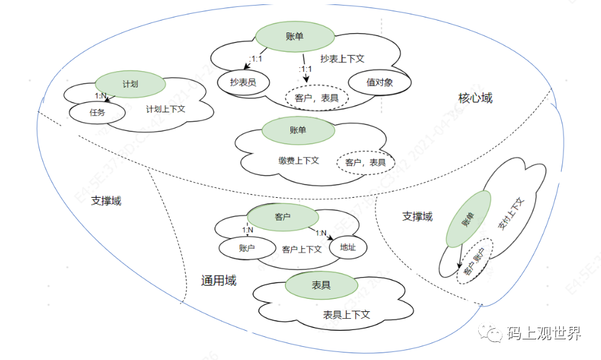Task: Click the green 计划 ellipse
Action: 130,84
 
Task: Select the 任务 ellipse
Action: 97,113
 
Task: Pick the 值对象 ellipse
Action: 380,82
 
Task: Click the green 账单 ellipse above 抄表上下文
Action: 292,37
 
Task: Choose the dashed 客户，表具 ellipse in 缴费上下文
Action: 365,162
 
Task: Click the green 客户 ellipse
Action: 283,217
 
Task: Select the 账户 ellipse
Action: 247,248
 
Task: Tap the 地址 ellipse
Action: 348,247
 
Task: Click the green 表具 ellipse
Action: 321,285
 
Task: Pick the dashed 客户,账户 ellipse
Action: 474,261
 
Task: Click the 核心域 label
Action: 475,98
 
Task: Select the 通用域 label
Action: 219,281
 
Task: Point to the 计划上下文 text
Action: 165,109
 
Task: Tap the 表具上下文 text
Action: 347,314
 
